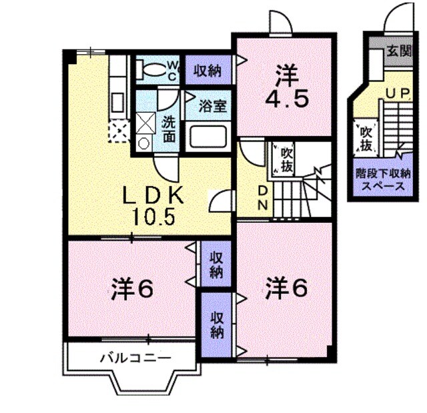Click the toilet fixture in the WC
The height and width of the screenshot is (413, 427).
point(152,69)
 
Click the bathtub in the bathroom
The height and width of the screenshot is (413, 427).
point(209,137)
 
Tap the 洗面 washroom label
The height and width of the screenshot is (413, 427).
point(169,129)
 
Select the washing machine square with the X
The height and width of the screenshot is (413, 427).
point(145,122)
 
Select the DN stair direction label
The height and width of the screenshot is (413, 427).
point(263,196)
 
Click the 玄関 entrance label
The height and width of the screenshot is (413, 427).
point(400,49)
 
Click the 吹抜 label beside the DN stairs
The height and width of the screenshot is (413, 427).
point(286,159)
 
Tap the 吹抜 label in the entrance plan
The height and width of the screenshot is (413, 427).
point(366,137)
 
